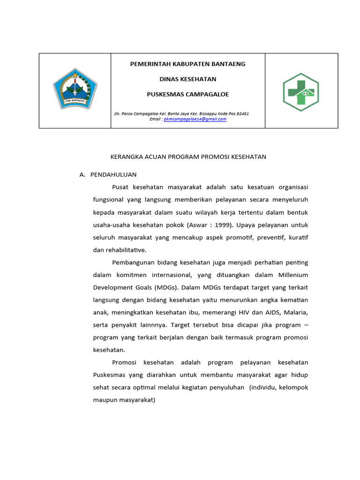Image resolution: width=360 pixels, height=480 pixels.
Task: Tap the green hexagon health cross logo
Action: pos(300,92)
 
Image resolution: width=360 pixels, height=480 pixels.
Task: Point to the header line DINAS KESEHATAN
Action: pos(187,79)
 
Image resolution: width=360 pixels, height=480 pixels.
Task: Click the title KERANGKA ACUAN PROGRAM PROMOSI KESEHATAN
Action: pos(187,157)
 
